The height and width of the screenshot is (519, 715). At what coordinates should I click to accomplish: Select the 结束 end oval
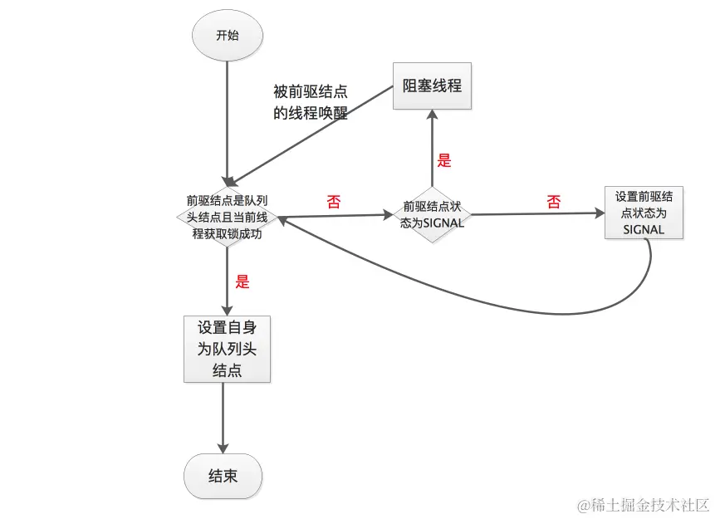(x=223, y=477)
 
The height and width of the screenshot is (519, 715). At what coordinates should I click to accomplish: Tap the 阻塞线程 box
(x=432, y=86)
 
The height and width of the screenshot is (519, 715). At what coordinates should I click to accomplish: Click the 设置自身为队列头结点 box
(x=227, y=349)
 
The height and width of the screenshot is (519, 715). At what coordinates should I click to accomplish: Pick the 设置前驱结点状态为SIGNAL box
(x=644, y=213)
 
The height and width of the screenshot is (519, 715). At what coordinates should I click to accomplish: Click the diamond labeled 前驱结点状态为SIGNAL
(x=432, y=213)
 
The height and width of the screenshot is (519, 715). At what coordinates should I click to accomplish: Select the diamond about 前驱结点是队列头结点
(x=227, y=217)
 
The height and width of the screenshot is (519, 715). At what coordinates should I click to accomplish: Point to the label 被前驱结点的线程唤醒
(x=311, y=102)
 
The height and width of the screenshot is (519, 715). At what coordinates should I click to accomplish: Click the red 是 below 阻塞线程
(x=444, y=161)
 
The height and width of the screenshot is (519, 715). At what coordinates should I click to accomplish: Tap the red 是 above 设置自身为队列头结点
(x=242, y=282)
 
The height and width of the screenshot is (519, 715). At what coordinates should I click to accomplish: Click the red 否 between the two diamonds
(x=334, y=201)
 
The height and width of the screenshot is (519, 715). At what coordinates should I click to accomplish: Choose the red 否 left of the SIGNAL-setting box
(x=554, y=201)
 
